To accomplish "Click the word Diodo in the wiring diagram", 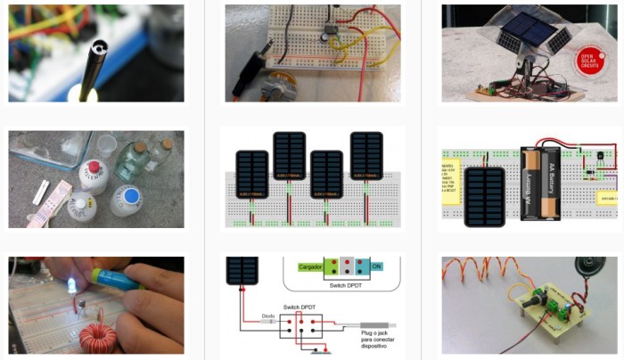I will click(x=268, y=315).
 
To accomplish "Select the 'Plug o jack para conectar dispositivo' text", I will click(x=377, y=342).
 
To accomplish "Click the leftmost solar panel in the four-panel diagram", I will click(x=252, y=176).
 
